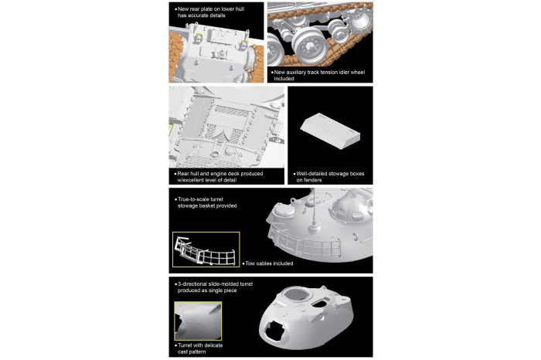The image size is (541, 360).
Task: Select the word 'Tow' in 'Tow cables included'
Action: pos(250,263)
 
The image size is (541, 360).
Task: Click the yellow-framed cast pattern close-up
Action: pos(197,321)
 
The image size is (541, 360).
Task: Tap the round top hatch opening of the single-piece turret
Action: pos(295,297)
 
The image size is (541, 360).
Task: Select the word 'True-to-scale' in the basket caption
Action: pos(193,199)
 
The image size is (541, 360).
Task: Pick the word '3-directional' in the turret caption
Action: pos(194,285)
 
